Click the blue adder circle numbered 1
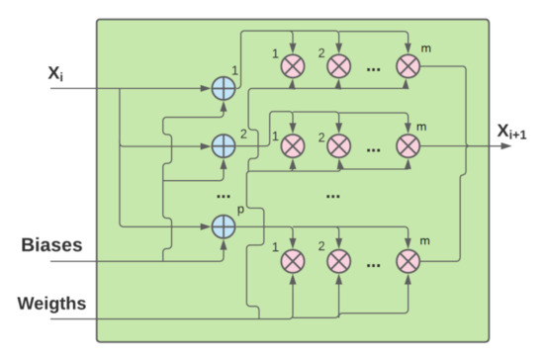[x=225, y=88]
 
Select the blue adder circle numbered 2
[x=225, y=145]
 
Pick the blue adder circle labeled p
[x=225, y=228]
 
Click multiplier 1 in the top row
[x=292, y=67]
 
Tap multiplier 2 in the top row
[x=338, y=67]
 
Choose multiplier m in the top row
[x=408, y=67]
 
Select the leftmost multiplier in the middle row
[x=292, y=145]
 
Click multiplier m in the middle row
[x=408, y=145]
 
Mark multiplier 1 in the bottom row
[x=292, y=261]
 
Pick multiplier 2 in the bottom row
[x=338, y=261]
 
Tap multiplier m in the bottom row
[x=408, y=261]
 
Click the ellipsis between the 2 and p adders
[x=225, y=188]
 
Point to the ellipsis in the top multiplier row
[x=374, y=68]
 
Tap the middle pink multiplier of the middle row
[x=338, y=145]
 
